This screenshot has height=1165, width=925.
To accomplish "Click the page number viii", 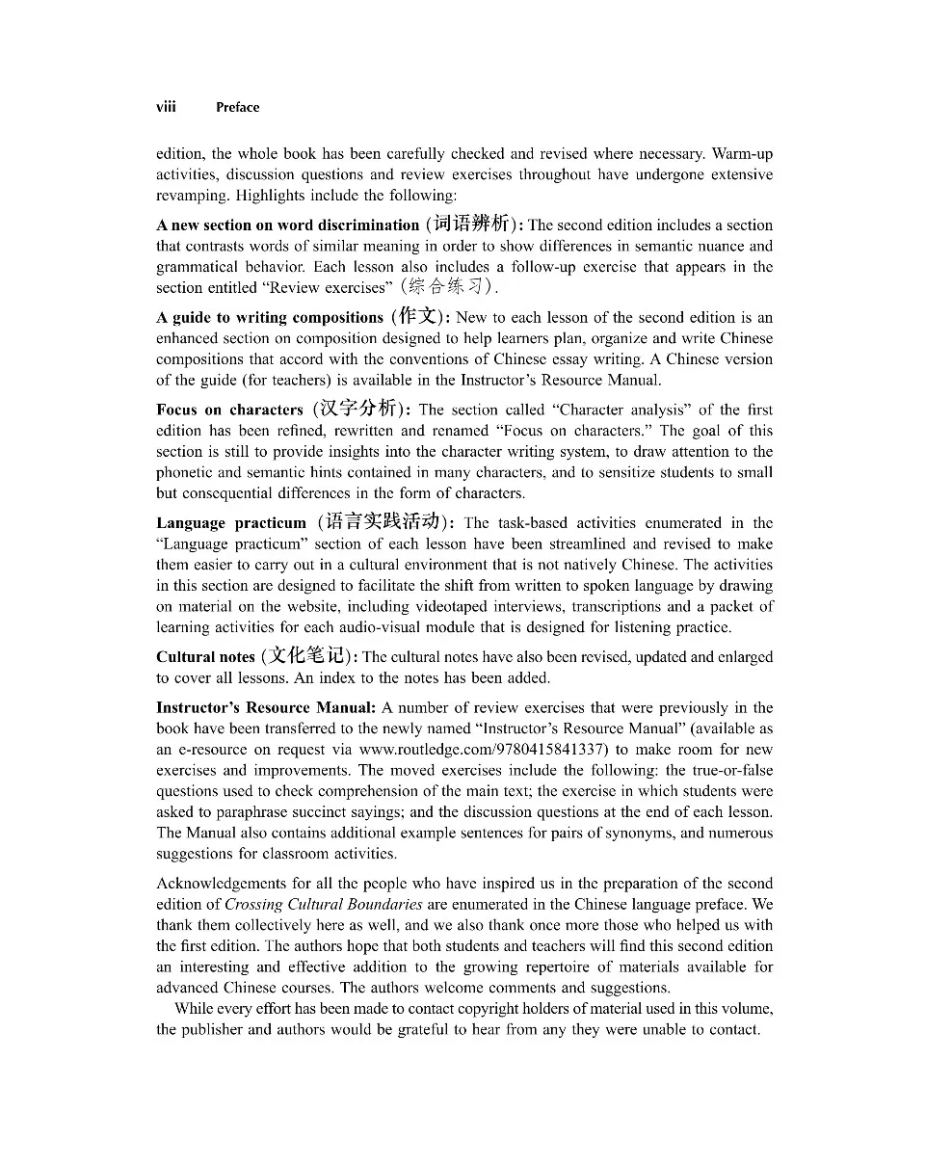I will pos(166,107).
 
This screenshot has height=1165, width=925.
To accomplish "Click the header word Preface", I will pos(237,108).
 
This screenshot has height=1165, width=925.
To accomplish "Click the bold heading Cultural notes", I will pos(205,657).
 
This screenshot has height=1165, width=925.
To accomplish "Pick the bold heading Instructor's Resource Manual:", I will pos(266,707).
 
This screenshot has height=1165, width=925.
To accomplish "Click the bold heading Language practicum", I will pos(230,523).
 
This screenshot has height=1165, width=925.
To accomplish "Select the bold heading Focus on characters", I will pos(229,410).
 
